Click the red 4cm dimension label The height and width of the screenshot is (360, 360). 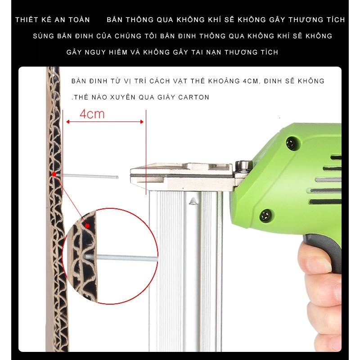pyautogui.click(x=92, y=114)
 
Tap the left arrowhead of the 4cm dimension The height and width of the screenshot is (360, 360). pyautogui.click(x=68, y=121)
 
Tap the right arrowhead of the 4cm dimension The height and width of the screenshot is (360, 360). pyautogui.click(x=142, y=121)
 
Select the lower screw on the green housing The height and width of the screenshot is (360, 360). pyautogui.click(x=266, y=216)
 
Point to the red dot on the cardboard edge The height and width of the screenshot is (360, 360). pyautogui.click(x=54, y=174)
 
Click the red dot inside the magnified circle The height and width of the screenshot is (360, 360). pyautogui.click(x=87, y=226)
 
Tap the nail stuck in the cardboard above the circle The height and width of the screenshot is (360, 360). pyautogui.click(x=90, y=176)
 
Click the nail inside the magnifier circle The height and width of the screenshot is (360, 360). pyautogui.click(x=121, y=257)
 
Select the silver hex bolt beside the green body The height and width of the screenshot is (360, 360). pyautogui.click(x=244, y=166)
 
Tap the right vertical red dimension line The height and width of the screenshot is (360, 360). pyautogui.click(x=146, y=152)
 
